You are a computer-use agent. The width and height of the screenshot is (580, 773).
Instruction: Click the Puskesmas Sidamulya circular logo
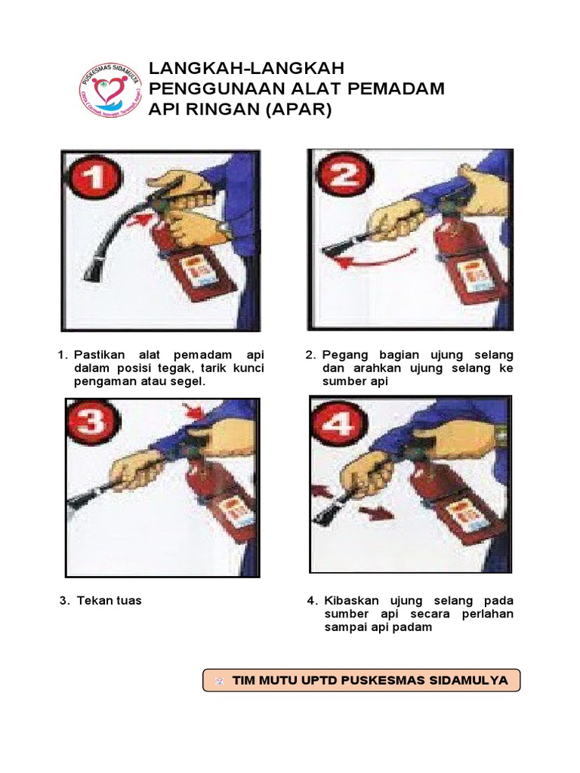pyautogui.click(x=111, y=89)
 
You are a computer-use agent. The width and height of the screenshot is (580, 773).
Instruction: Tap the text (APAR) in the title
pyautogui.click(x=296, y=109)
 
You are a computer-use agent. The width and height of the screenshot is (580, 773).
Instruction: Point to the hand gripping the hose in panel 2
pyautogui.click(x=393, y=220)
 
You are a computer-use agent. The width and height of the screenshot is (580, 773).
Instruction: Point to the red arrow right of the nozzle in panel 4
pyautogui.click(x=375, y=513)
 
